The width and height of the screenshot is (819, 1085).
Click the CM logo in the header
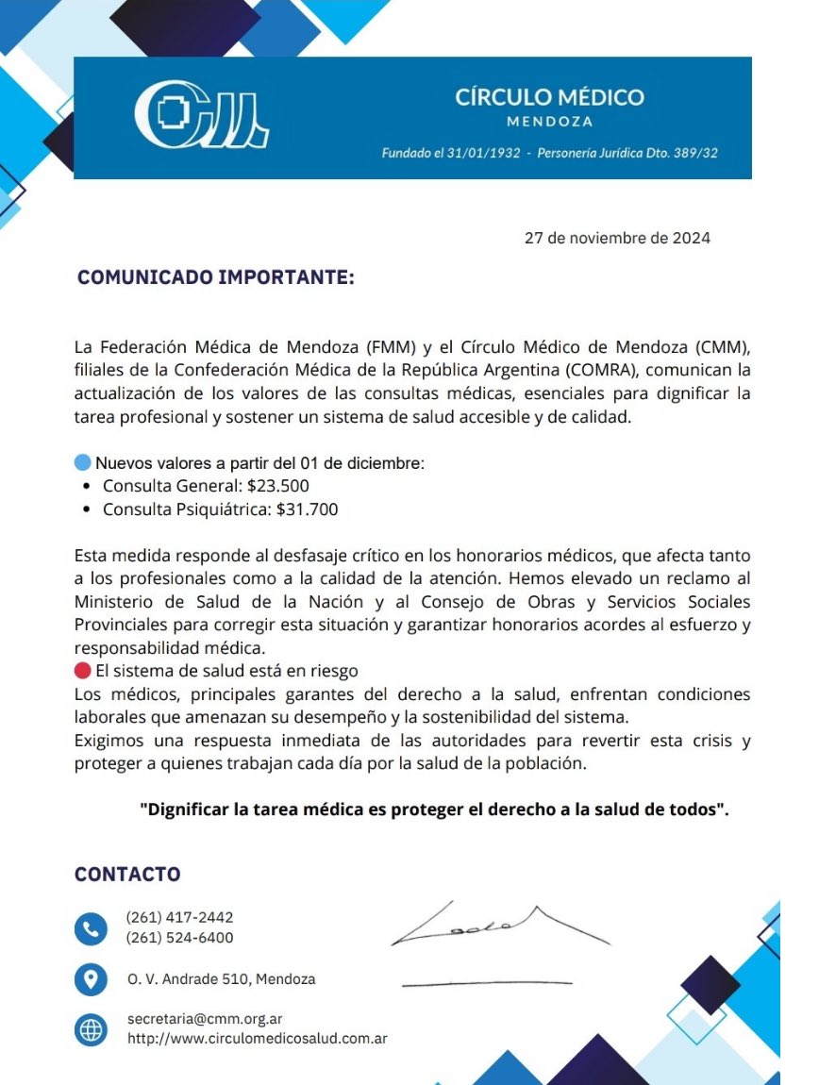pos(201,117)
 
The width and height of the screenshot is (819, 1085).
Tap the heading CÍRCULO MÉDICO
pos(549,97)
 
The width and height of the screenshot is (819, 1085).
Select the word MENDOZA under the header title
pos(549,122)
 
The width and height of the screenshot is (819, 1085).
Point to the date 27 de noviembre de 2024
pos(617,238)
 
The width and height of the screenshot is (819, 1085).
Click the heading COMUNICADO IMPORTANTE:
pos(216,278)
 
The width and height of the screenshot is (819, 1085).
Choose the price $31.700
pos(307,509)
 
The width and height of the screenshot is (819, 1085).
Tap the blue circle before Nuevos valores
pos(82,463)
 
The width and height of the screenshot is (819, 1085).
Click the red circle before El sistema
pos(82,671)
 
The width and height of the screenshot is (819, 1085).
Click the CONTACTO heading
pos(127,875)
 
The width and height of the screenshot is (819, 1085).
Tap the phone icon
pos(91,928)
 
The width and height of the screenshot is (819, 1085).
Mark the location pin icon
pos(91,979)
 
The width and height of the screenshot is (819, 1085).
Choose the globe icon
pos(91,1029)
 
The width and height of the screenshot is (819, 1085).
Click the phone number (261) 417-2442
pos(179,917)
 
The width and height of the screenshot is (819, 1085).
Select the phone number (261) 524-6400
pos(179,938)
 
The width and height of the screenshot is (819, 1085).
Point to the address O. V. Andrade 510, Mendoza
pos(222,979)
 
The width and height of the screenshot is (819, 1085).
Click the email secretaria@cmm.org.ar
pos(205,1019)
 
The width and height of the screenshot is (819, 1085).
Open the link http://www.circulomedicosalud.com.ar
pos(258,1039)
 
